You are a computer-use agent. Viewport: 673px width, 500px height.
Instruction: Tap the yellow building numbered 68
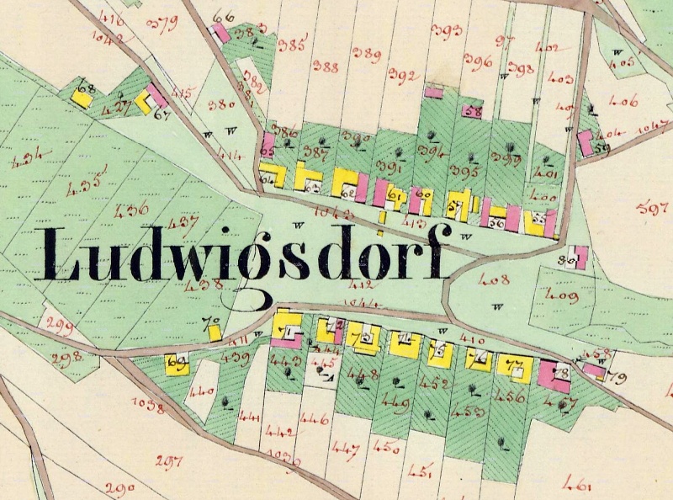tap(82, 96)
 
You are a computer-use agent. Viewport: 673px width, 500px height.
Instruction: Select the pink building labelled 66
tap(220, 33)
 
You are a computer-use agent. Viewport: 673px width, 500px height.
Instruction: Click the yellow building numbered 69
tap(178, 364)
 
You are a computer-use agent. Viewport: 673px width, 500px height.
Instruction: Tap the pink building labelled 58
tap(471, 110)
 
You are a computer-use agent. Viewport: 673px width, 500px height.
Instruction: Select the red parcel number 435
tap(87, 181)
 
